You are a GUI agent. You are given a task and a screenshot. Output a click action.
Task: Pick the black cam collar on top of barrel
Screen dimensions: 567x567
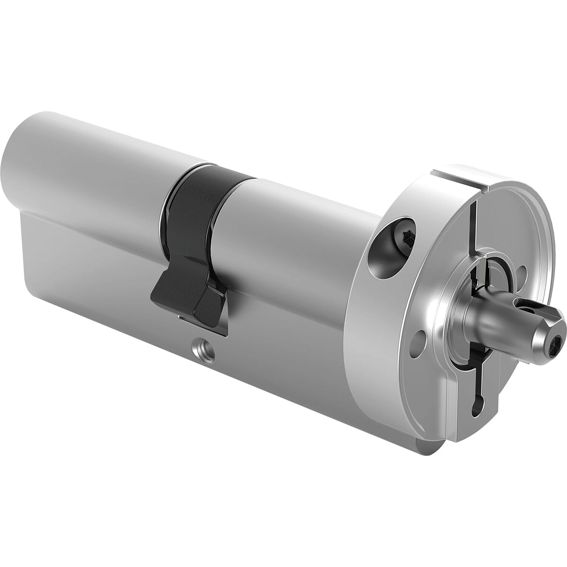click(200, 189)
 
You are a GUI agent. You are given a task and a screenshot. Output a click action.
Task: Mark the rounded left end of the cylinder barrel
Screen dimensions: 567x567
click(26, 166)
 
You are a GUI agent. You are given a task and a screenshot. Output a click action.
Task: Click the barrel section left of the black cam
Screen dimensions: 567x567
click(106, 166)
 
